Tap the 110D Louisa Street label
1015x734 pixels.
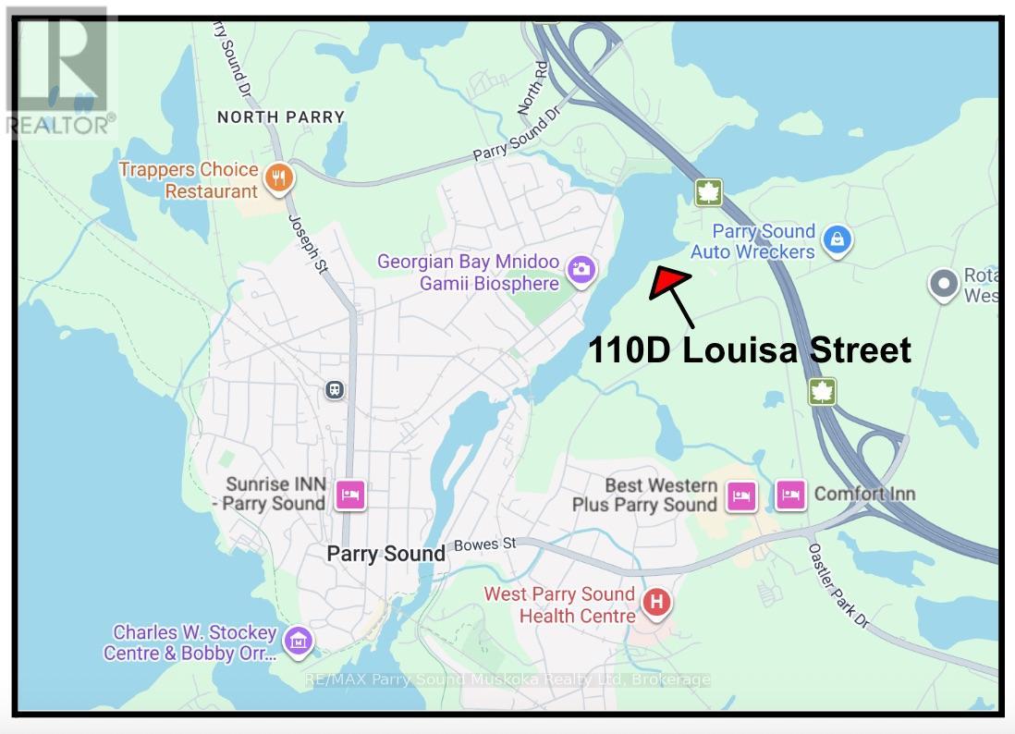click(x=750, y=350)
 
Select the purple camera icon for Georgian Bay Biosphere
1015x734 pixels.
click(x=581, y=270)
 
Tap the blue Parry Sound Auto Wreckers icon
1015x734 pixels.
click(x=837, y=239)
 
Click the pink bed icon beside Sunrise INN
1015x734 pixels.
click(x=350, y=495)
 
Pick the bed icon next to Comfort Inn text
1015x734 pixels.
click(x=789, y=495)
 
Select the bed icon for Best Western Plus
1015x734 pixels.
click(x=741, y=495)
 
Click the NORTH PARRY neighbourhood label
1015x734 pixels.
click(x=280, y=117)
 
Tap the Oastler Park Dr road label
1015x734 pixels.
click(x=838, y=584)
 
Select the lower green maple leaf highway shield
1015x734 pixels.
click(x=821, y=391)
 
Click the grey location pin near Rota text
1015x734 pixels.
click(x=943, y=285)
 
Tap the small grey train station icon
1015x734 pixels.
click(x=335, y=390)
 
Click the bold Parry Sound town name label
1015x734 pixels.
click(x=386, y=554)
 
